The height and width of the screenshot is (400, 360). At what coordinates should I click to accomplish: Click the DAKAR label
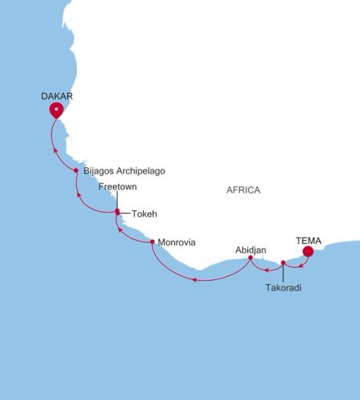57,95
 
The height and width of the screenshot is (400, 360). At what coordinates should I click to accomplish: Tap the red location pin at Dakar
56,110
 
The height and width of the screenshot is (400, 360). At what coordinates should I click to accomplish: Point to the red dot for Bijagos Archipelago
76,170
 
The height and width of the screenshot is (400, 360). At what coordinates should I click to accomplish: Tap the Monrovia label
177,242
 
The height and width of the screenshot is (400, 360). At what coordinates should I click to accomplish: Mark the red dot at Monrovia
152,242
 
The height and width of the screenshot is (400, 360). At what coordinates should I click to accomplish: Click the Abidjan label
250,250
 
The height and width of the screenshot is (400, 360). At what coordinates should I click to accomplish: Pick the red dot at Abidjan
251,258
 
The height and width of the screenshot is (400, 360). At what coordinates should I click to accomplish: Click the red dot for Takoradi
283,262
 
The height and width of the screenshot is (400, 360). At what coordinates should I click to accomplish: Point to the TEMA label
308,238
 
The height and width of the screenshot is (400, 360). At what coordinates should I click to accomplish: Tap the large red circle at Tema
308,253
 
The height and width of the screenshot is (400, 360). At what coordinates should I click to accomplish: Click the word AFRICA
243,190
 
